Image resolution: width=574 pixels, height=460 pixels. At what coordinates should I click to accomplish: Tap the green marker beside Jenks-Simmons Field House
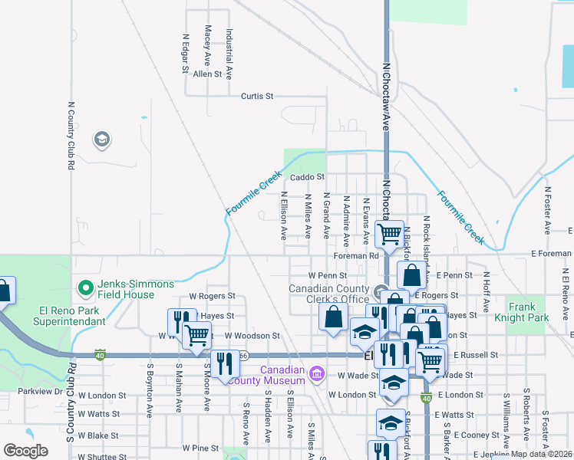(85, 288)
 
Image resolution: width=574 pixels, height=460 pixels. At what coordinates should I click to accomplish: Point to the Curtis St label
(257, 97)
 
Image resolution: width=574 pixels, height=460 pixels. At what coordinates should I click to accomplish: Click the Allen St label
(207, 74)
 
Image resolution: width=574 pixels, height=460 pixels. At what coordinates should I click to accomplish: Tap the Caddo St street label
(310, 176)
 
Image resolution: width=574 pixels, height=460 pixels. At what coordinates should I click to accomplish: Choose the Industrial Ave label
(229, 47)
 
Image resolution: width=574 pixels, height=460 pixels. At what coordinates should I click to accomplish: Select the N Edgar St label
(186, 53)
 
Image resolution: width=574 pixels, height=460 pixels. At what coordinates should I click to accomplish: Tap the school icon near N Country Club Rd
(101, 140)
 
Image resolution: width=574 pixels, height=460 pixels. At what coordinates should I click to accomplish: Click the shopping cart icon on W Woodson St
(197, 334)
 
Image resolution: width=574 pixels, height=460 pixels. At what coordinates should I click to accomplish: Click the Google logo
(25, 451)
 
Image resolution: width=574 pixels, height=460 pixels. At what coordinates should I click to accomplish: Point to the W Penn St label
(328, 274)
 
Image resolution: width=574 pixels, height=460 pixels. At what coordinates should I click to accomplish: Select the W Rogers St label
(212, 295)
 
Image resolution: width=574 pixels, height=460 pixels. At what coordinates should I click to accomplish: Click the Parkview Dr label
(41, 391)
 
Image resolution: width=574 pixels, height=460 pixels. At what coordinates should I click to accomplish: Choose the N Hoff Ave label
(486, 296)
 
